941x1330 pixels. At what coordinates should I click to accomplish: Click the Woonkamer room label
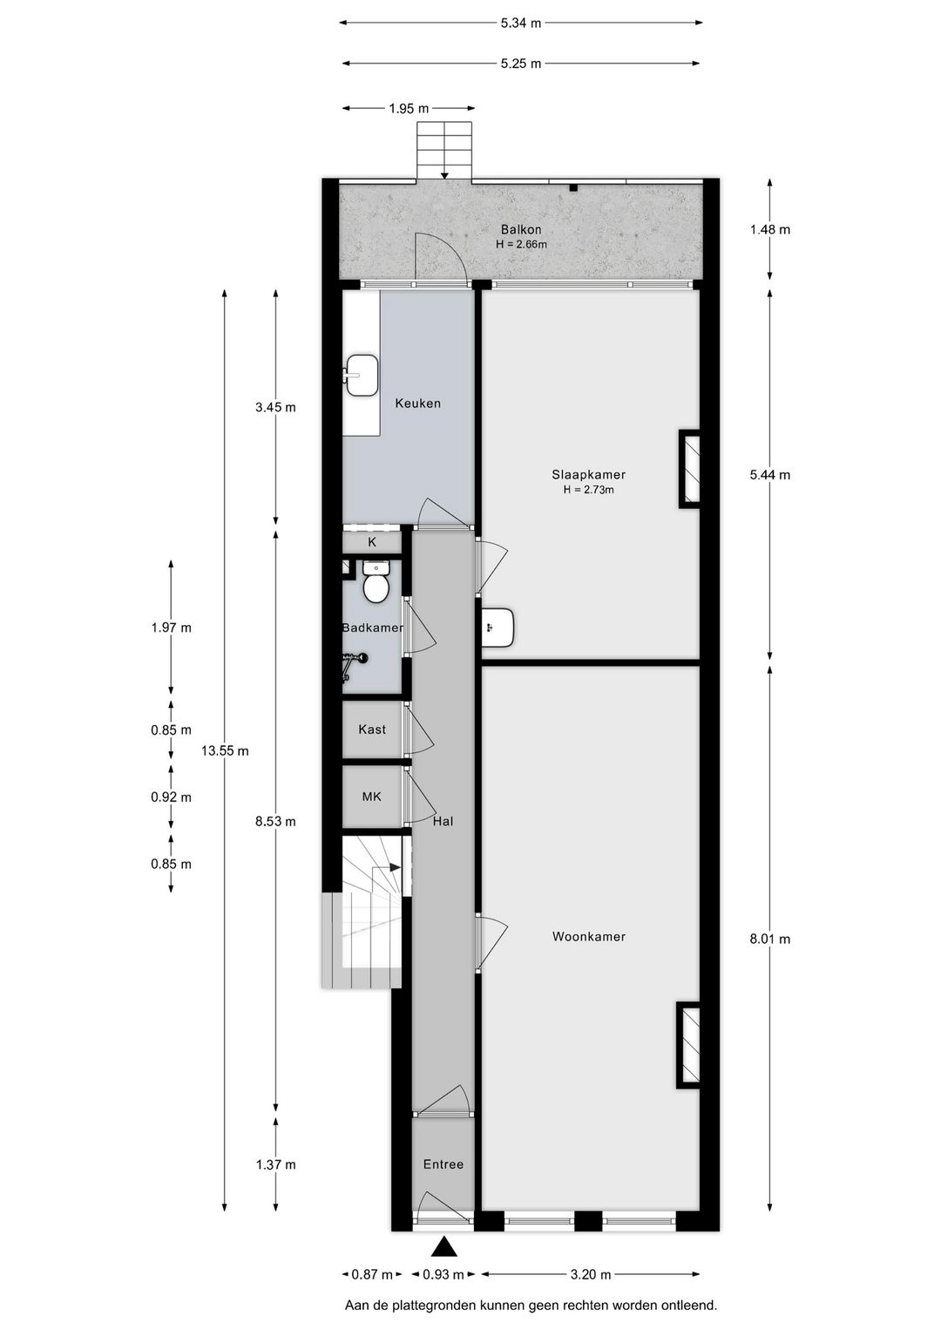tap(588, 937)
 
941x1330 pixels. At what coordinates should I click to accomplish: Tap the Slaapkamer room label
tap(588, 475)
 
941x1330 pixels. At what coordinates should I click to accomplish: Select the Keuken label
tap(417, 404)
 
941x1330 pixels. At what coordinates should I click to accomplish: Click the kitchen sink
tap(362, 376)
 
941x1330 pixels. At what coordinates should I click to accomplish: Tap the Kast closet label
tap(372, 729)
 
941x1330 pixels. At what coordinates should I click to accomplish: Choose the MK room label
tap(372, 797)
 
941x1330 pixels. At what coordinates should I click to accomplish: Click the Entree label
tap(443, 1164)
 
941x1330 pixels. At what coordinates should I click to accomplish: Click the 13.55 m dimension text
tap(225, 750)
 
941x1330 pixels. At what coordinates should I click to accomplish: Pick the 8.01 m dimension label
tap(770, 939)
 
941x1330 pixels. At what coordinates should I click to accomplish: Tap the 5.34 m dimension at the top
tap(520, 24)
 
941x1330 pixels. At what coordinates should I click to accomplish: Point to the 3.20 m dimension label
tap(590, 1274)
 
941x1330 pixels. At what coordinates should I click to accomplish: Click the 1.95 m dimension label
tap(409, 109)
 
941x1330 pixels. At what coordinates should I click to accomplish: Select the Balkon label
tap(520, 230)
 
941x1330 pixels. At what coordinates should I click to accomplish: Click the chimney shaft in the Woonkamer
tap(689, 1046)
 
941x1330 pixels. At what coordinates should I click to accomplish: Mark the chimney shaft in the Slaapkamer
tap(690, 469)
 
